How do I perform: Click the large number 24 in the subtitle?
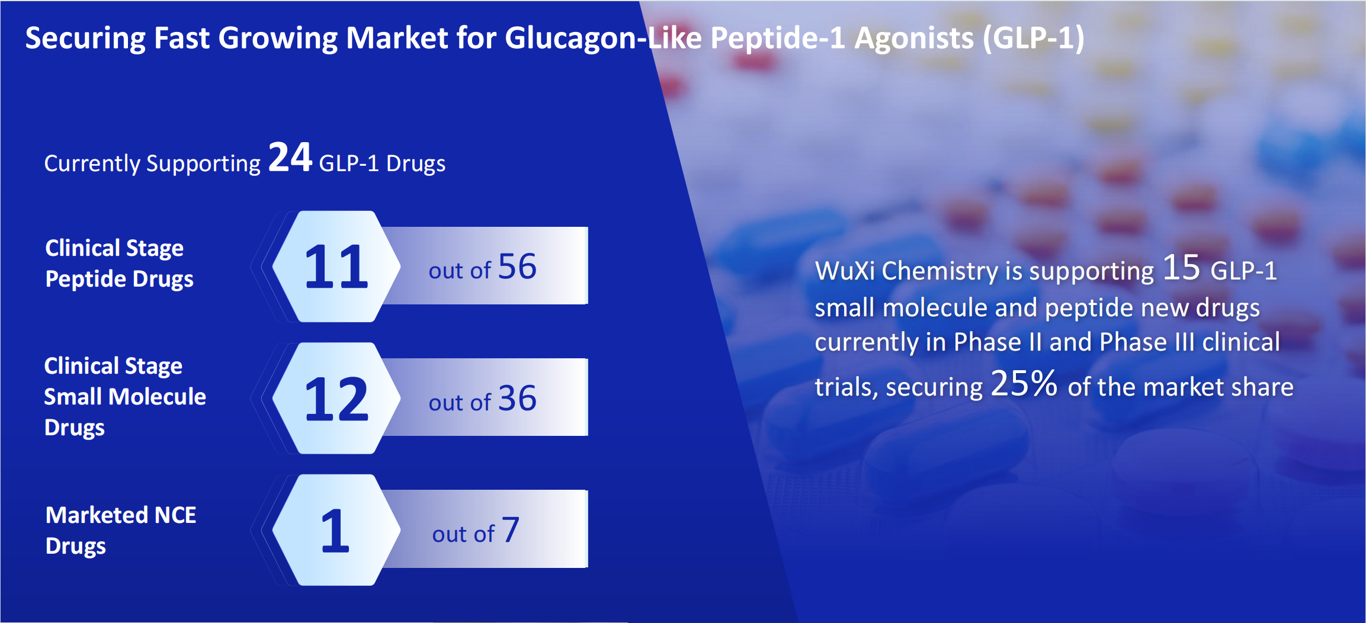290,158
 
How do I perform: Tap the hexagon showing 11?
336,266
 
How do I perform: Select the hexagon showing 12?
336,398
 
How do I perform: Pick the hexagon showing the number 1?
336,530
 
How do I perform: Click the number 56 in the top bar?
517,266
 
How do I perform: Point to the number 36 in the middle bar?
517,399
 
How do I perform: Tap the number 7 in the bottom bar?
511,530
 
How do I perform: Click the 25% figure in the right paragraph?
1024,383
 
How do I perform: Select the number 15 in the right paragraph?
1181,268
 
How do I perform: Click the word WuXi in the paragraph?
845,271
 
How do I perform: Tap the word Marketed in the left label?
97,515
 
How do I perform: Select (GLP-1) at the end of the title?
1034,38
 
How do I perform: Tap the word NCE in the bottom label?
175,515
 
